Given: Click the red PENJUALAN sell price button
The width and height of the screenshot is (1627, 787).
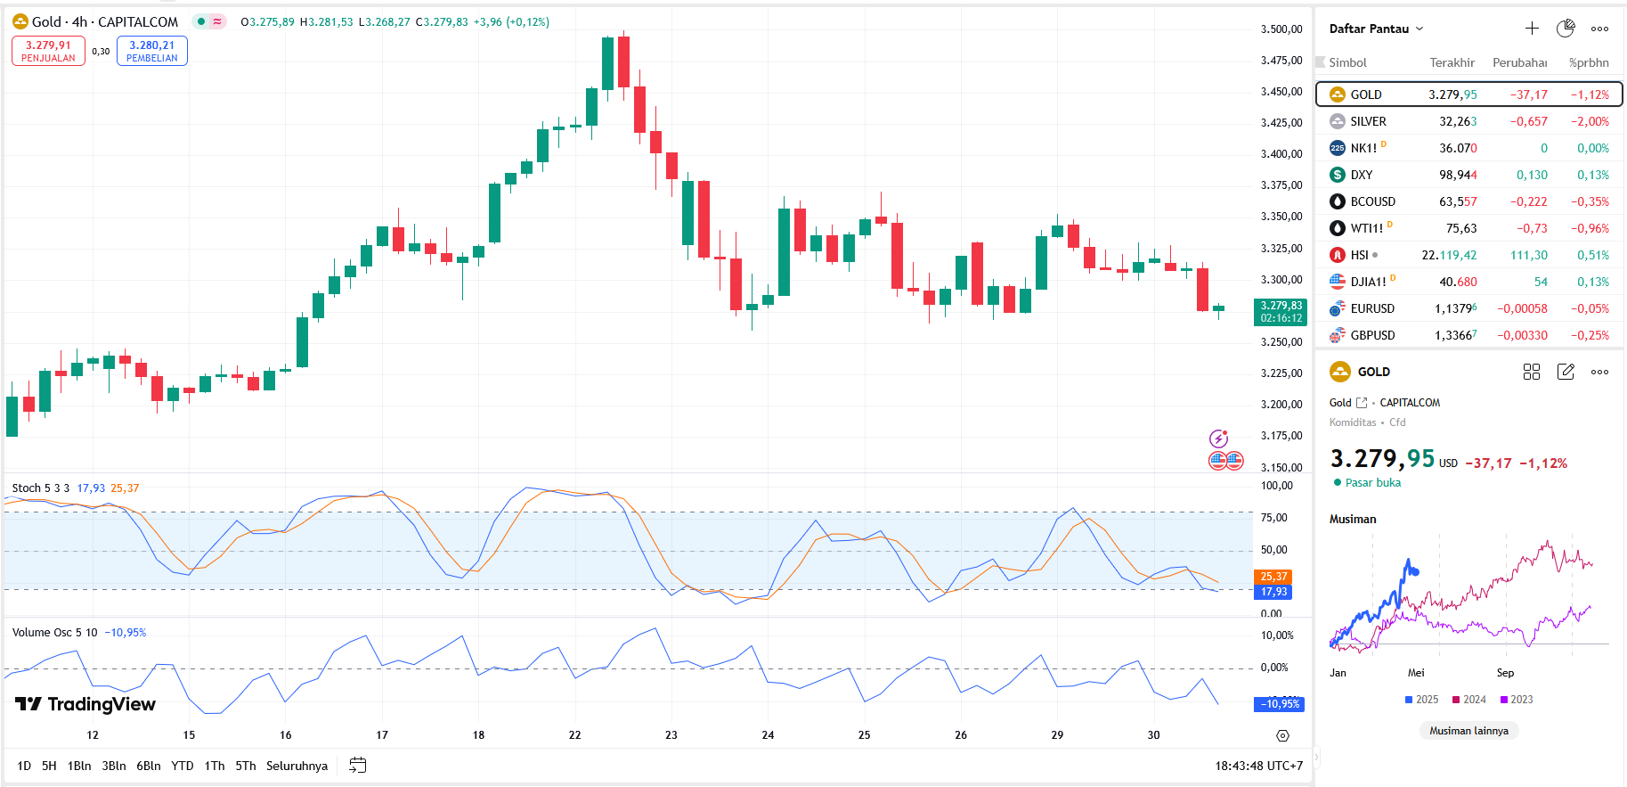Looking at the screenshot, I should (x=48, y=51).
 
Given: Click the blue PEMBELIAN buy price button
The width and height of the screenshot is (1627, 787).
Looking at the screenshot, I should (x=151, y=51).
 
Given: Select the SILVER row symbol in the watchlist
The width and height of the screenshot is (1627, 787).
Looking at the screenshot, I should (x=1368, y=121).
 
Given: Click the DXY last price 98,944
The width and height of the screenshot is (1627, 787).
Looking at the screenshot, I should (x=1458, y=175).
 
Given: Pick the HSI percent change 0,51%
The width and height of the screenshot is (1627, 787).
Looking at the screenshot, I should (x=1592, y=255).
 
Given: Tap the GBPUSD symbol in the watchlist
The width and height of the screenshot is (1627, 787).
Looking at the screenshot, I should (x=1372, y=335).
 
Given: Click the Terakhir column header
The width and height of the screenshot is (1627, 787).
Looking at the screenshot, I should (x=1452, y=62).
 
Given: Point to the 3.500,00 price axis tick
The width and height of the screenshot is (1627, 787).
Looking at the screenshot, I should (x=1281, y=29).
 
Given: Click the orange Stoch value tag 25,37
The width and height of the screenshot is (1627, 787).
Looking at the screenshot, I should (x=1273, y=577).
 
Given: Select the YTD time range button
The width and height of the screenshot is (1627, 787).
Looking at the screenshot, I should (x=183, y=766).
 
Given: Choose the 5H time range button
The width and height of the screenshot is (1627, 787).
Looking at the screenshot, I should (x=49, y=766).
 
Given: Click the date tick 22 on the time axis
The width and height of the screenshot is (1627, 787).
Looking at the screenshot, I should (x=574, y=735).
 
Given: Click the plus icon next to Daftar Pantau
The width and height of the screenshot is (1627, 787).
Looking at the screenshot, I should (x=1532, y=29).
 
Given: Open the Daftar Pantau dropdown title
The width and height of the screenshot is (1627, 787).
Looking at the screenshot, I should (x=1376, y=29).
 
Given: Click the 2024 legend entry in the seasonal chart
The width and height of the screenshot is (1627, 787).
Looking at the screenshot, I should (x=1469, y=700).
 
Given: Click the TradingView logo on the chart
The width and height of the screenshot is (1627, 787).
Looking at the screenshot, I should (x=85, y=704).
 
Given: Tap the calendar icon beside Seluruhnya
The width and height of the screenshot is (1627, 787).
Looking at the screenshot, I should (x=358, y=766).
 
